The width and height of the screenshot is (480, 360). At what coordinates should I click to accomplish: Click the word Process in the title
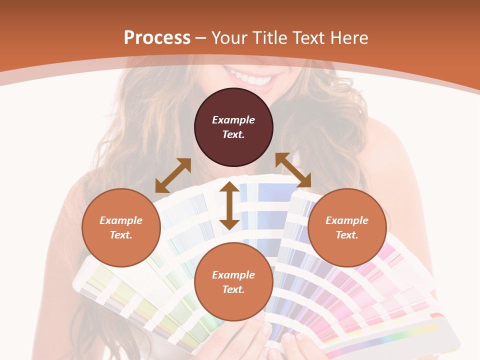pyautogui.click(x=157, y=38)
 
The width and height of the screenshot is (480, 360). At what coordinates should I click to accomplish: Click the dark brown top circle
pyautogui.click(x=233, y=127)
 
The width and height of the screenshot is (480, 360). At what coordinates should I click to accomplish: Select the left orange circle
pyautogui.click(x=121, y=227)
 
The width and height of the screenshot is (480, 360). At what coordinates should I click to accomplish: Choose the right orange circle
pyautogui.click(x=347, y=227)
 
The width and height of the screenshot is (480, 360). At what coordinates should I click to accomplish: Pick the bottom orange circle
pyautogui.click(x=233, y=282)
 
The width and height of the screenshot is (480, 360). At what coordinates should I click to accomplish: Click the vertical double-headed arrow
pyautogui.click(x=229, y=205)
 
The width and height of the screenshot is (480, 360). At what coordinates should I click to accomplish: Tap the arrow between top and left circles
pyautogui.click(x=173, y=175)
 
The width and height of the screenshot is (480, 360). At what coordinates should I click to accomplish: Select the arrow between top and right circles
pyautogui.click(x=293, y=170)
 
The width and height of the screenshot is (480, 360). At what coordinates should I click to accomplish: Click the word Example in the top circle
pyautogui.click(x=233, y=120)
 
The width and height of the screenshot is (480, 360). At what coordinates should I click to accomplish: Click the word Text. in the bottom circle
pyautogui.click(x=233, y=289)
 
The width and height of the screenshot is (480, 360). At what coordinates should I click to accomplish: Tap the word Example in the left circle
pyautogui.click(x=121, y=220)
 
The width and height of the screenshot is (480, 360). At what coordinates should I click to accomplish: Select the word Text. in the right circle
pyautogui.click(x=347, y=235)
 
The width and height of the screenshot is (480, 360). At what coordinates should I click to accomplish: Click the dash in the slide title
pyautogui.click(x=201, y=38)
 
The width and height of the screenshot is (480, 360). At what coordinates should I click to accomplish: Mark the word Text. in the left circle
pyautogui.click(x=121, y=235)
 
